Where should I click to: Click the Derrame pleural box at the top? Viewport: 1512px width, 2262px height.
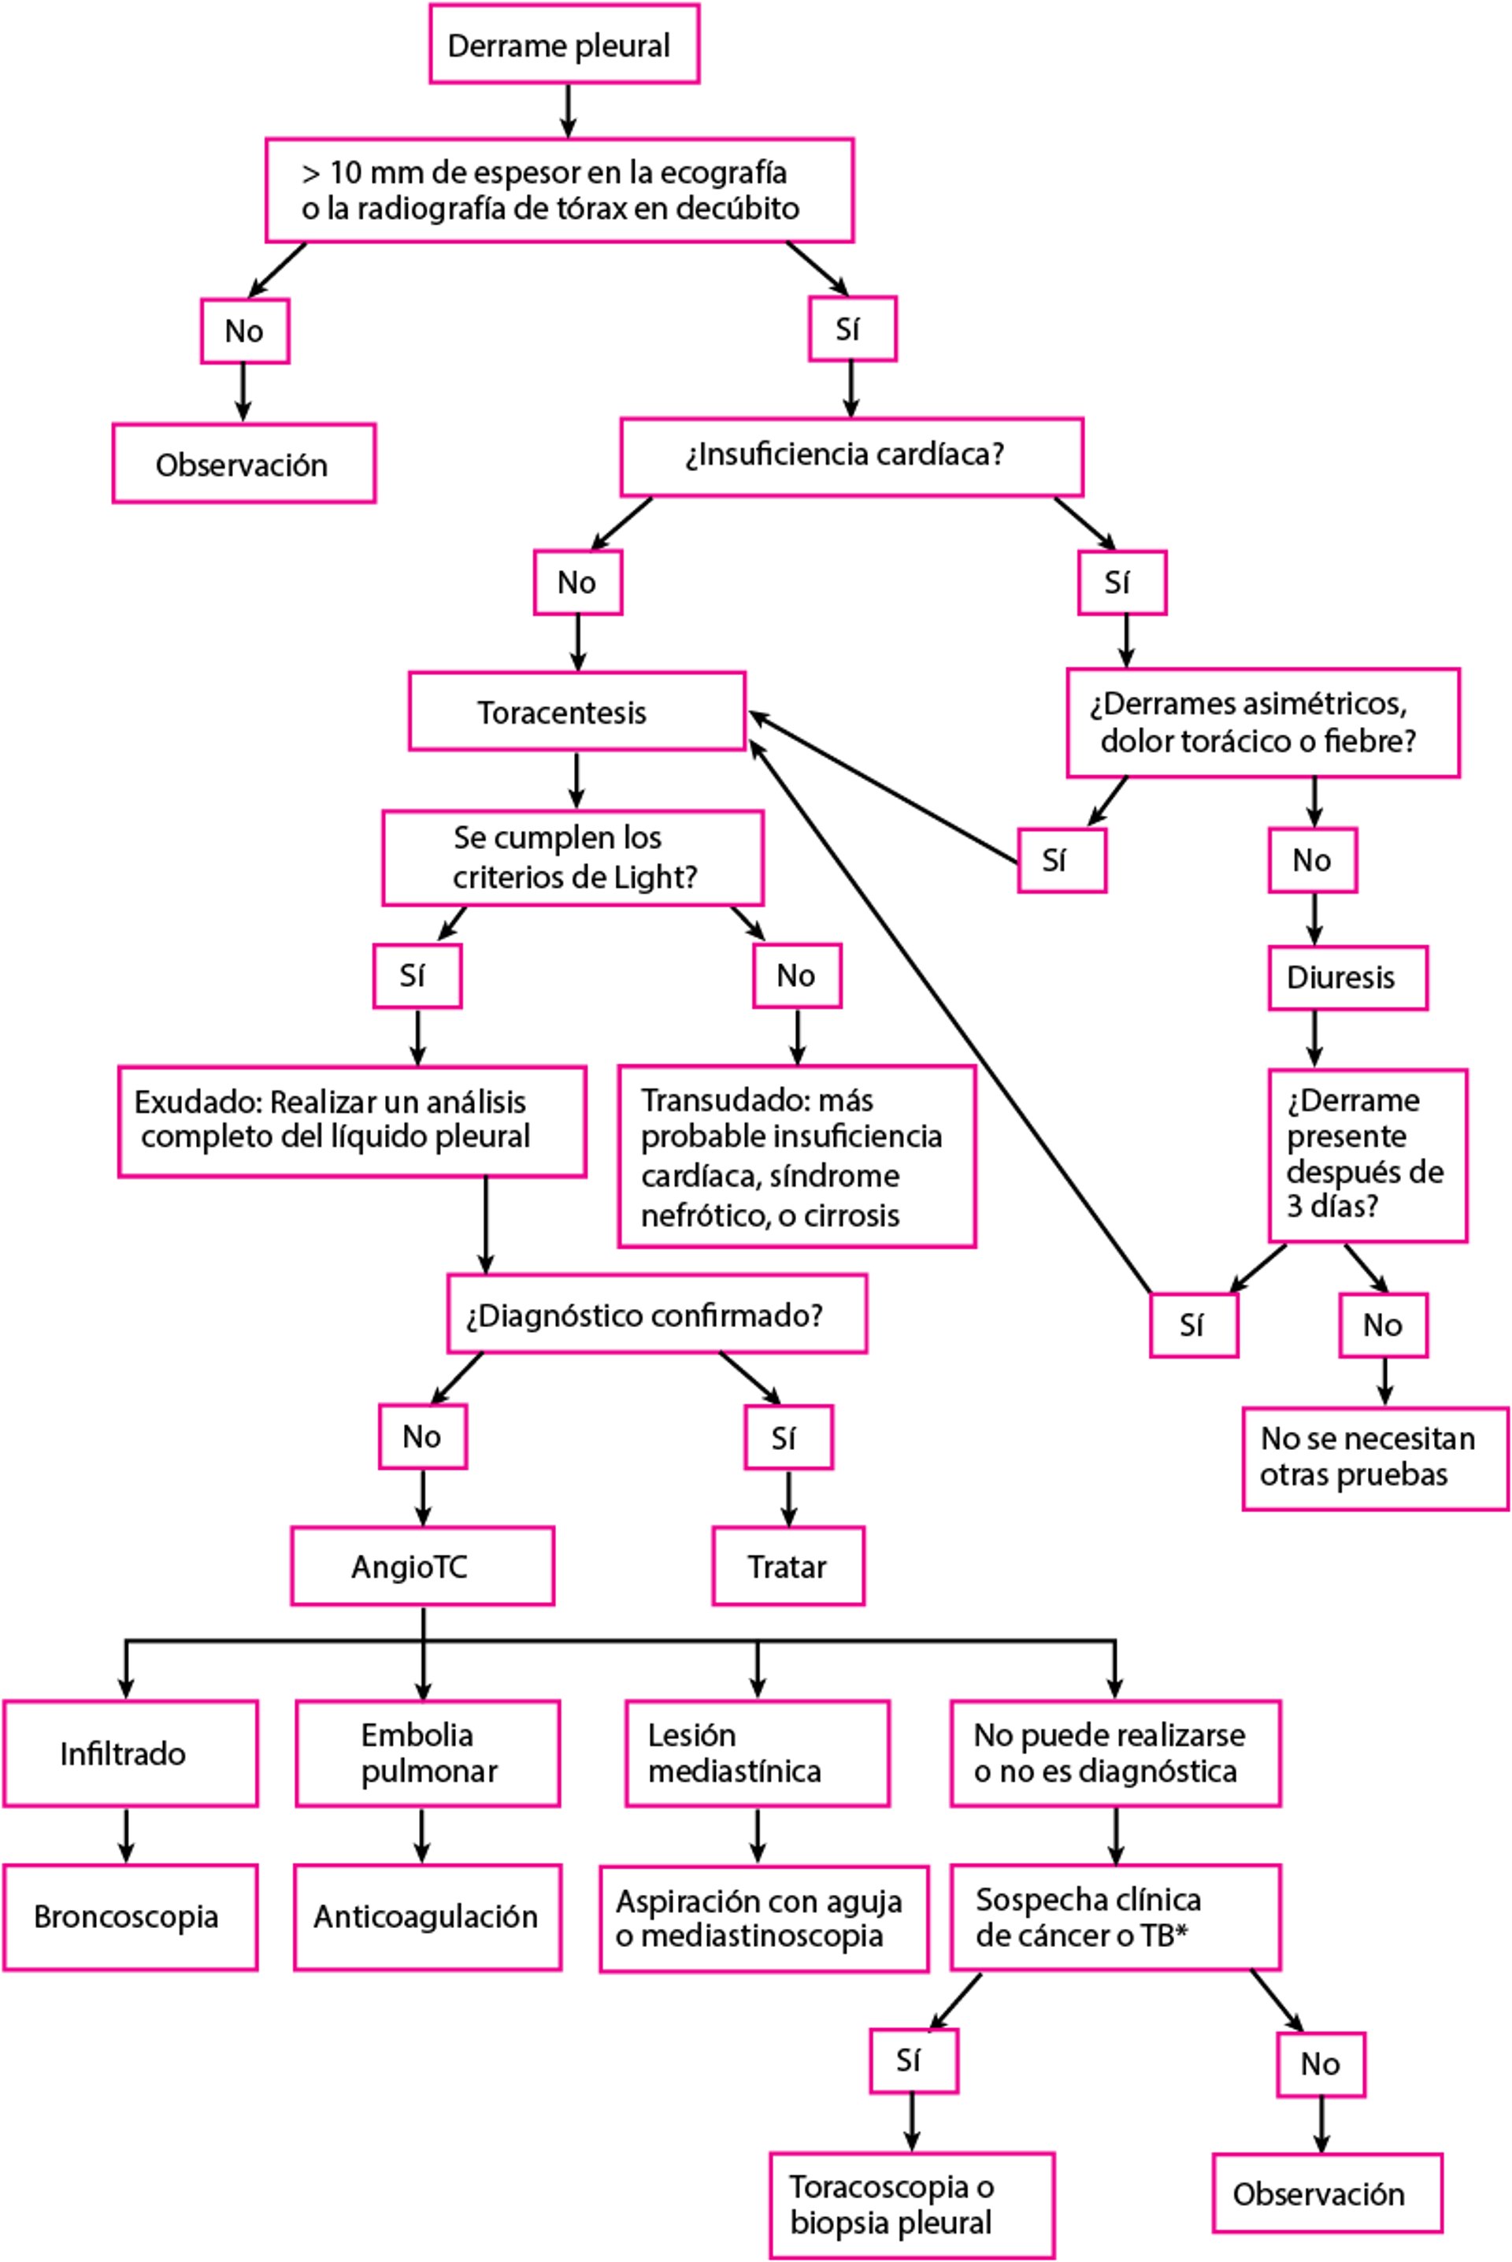click(x=563, y=44)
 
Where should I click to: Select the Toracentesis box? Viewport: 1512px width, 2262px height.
click(x=576, y=711)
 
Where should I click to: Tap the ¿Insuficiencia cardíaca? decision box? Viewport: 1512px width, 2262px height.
click(x=850, y=456)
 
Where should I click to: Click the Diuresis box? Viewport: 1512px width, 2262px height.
click(x=1347, y=977)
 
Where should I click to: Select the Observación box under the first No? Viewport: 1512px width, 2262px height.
click(x=243, y=464)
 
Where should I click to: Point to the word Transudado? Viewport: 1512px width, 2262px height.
click(x=709, y=1100)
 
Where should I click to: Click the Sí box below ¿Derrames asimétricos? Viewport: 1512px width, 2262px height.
click(x=1061, y=860)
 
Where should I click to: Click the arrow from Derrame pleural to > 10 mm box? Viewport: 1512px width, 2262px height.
click(x=568, y=110)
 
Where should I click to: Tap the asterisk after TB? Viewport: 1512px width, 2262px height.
click(x=1181, y=1931)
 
